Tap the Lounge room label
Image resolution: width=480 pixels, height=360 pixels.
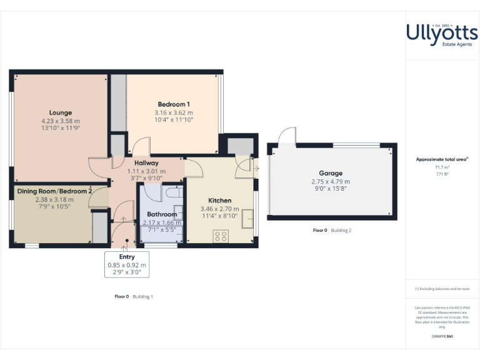tap(61, 112)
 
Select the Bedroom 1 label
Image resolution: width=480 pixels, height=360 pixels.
tap(174, 104)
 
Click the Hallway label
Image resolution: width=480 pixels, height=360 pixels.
tap(147, 163)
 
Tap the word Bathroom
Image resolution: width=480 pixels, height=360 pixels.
tap(161, 214)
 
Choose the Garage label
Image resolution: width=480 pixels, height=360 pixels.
tap(331, 173)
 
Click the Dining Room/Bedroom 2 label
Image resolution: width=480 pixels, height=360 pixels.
tap(54, 191)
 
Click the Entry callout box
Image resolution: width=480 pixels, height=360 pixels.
tap(126, 264)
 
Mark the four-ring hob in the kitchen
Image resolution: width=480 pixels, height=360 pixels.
tap(221, 236)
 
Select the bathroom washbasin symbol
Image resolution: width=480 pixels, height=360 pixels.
tap(178, 211)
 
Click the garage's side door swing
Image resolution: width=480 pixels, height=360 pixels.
tap(287, 136)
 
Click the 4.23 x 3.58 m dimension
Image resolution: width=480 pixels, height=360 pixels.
tap(61, 121)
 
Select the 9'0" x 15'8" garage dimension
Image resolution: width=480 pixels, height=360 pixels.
tap(331, 189)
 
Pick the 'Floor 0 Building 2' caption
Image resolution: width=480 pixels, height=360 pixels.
tap(332, 231)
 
